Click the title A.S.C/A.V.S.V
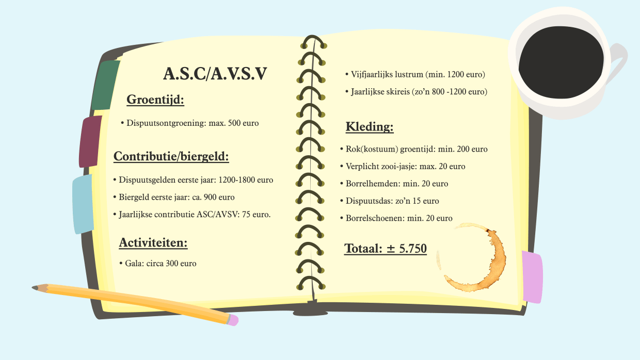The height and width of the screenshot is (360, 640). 215,74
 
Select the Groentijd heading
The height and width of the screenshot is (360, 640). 155,100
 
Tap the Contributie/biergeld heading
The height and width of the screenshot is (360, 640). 171,156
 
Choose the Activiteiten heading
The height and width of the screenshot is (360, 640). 153,242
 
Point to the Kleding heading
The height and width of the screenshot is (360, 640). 370,127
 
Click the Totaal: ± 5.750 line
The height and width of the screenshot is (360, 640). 386,248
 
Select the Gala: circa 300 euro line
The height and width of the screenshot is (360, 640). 161,263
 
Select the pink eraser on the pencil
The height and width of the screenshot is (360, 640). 233,320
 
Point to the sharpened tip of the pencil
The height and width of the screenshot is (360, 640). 35,287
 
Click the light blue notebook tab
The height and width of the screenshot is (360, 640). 83,204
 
